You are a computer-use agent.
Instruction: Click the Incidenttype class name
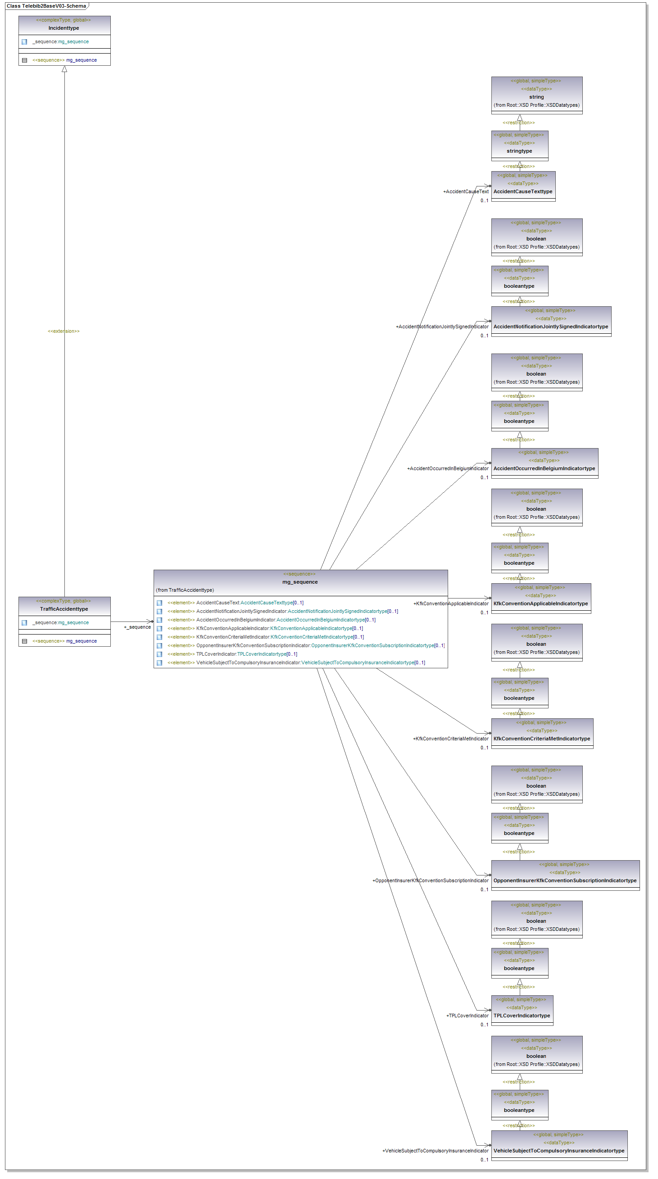click(64, 28)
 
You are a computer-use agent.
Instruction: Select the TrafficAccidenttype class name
click(64, 609)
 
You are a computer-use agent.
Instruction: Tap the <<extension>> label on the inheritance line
click(64, 331)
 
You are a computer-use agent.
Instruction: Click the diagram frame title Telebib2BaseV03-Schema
click(46, 6)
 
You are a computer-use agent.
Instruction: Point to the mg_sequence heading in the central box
click(300, 582)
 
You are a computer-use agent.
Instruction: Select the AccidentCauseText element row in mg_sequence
click(235, 603)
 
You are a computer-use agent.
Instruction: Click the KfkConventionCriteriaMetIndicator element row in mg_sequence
click(265, 637)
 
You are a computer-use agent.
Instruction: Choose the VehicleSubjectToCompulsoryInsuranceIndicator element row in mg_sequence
click(296, 662)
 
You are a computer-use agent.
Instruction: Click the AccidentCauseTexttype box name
click(522, 191)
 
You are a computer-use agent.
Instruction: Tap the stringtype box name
click(519, 151)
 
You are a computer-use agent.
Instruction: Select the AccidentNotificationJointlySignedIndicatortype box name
click(550, 326)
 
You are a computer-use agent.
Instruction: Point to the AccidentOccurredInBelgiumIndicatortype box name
click(544, 468)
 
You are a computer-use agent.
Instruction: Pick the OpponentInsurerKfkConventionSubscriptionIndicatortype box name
click(565, 880)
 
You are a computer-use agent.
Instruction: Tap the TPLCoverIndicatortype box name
click(522, 1015)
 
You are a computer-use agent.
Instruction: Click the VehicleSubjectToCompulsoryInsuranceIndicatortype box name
click(559, 1150)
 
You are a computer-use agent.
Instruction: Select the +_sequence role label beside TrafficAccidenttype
click(137, 627)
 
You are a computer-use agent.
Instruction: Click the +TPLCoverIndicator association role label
click(467, 1016)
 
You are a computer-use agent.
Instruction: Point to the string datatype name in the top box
click(536, 97)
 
